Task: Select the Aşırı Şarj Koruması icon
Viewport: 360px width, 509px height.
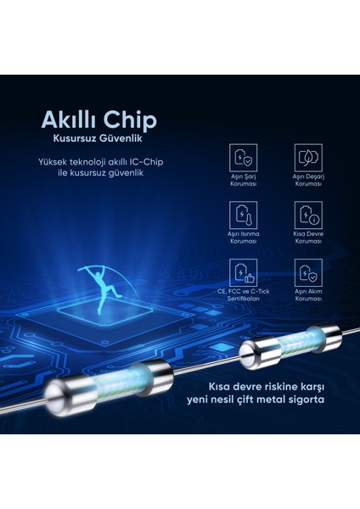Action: (x=243, y=157)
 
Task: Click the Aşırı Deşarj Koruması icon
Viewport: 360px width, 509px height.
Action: (x=307, y=157)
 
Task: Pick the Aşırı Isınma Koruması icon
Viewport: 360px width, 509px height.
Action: (x=243, y=214)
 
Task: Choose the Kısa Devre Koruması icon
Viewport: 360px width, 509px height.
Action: (x=307, y=214)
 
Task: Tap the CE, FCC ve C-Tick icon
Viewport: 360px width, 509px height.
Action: (x=243, y=271)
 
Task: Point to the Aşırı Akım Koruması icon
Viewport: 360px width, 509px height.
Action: (x=307, y=271)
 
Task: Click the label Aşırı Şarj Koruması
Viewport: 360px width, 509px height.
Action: (x=243, y=180)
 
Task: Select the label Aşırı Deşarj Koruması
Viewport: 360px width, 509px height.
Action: (x=307, y=180)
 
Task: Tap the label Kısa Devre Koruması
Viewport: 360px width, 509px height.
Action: (x=307, y=238)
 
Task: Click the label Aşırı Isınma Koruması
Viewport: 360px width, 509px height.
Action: (x=243, y=238)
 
